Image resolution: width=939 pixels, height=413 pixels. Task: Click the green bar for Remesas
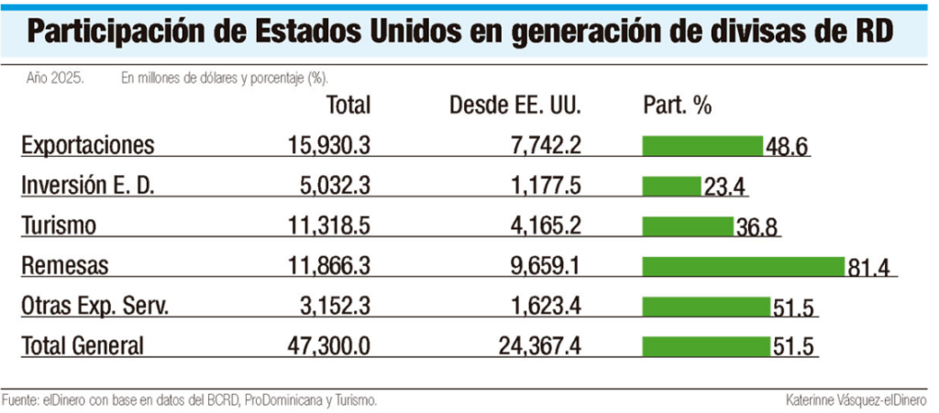[x=743, y=266]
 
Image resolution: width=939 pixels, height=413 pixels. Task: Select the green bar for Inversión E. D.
[x=671, y=185]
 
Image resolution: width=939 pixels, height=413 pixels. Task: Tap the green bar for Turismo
[x=688, y=226]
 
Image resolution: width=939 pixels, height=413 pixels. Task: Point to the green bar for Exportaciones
[x=702, y=145]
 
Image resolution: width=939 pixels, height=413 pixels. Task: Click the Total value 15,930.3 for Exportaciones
[x=326, y=145]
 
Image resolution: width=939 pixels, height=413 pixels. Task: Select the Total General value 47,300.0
[x=326, y=347]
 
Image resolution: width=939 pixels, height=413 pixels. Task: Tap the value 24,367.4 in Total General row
[x=536, y=347]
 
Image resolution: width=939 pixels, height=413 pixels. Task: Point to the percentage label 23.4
[x=725, y=187]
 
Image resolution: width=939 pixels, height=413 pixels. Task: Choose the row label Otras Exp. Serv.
[x=95, y=307]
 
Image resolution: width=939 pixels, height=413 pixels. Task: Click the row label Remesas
[x=64, y=266]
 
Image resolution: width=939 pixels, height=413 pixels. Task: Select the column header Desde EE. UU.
[x=515, y=106]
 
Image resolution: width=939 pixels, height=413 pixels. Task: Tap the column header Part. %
[x=678, y=106]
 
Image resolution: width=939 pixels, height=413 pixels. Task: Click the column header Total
[x=348, y=106]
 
